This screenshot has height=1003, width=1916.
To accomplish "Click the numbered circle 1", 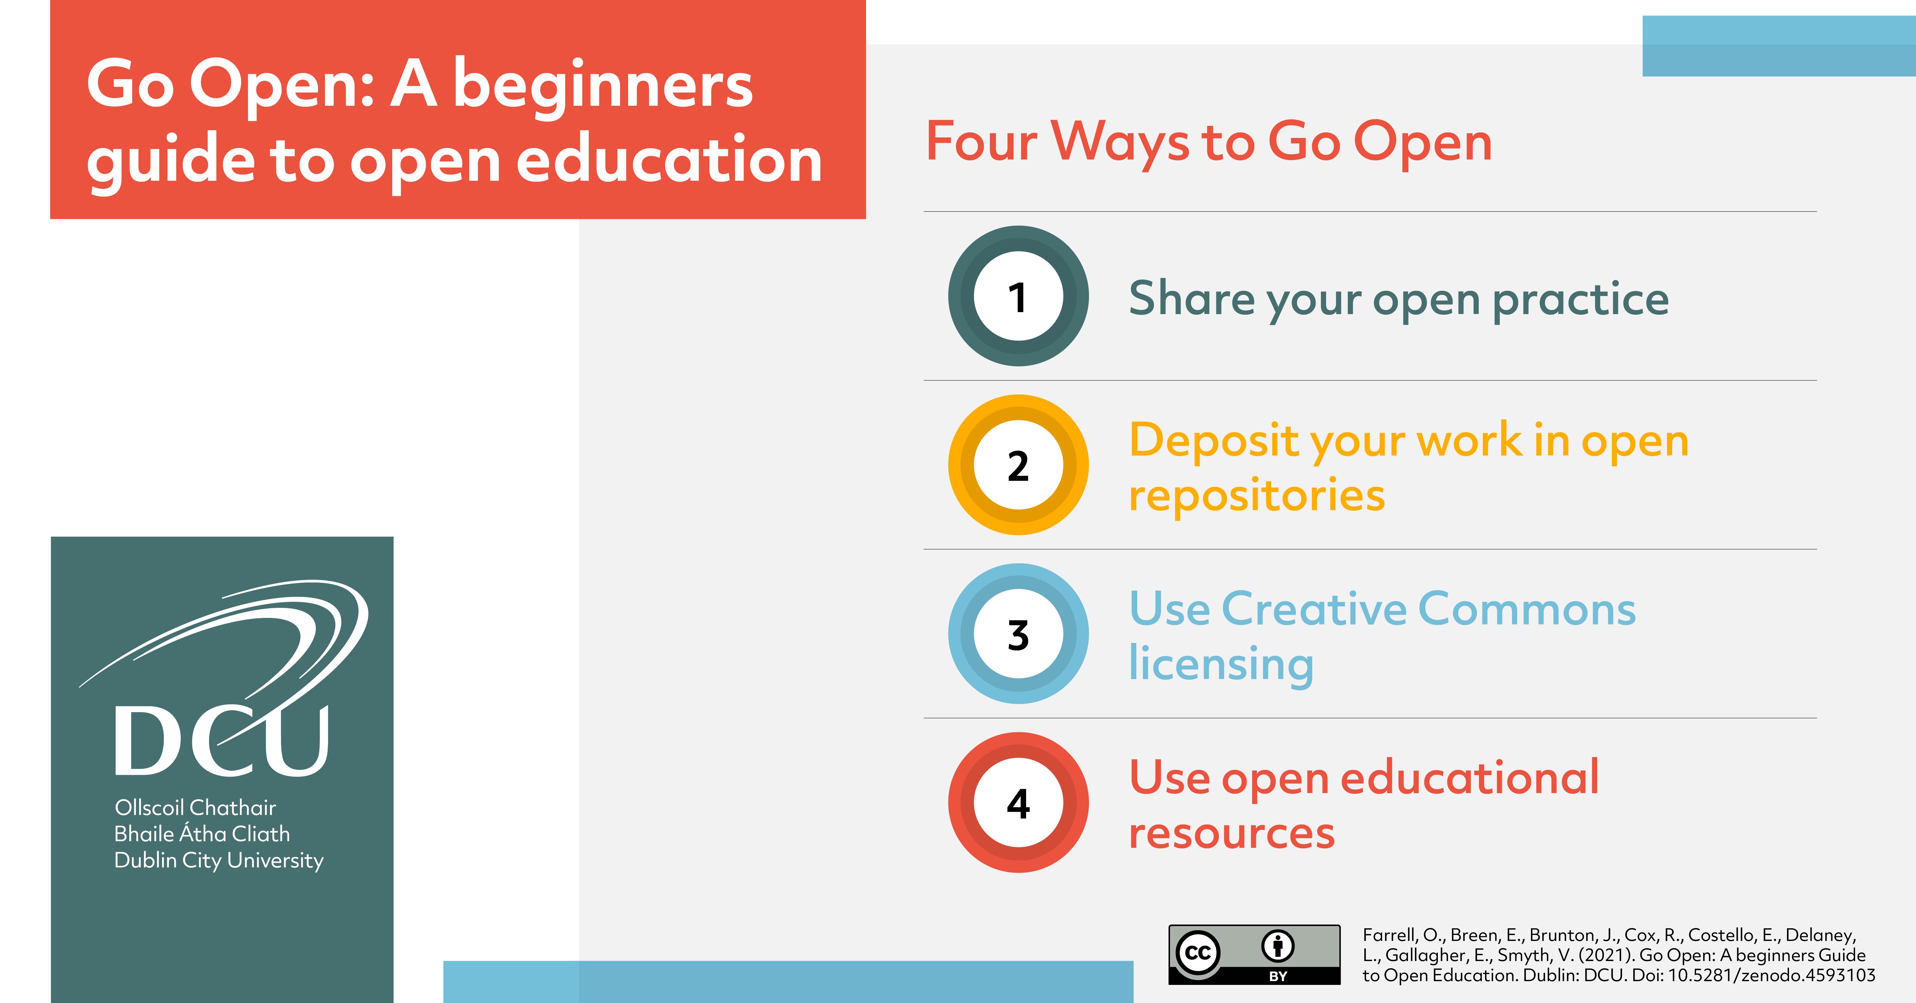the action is [1018, 296].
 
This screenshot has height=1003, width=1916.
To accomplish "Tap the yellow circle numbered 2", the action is [1018, 465].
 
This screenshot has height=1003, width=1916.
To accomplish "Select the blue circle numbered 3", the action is [1018, 634].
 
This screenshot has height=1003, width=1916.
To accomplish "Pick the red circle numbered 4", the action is [1018, 803].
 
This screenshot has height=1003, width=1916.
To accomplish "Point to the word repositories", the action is [1257, 496].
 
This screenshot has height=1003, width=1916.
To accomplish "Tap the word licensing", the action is [1221, 664].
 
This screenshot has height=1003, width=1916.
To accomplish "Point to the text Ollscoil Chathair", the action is [195, 807].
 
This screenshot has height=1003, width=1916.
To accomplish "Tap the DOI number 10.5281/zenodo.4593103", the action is [1772, 975].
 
